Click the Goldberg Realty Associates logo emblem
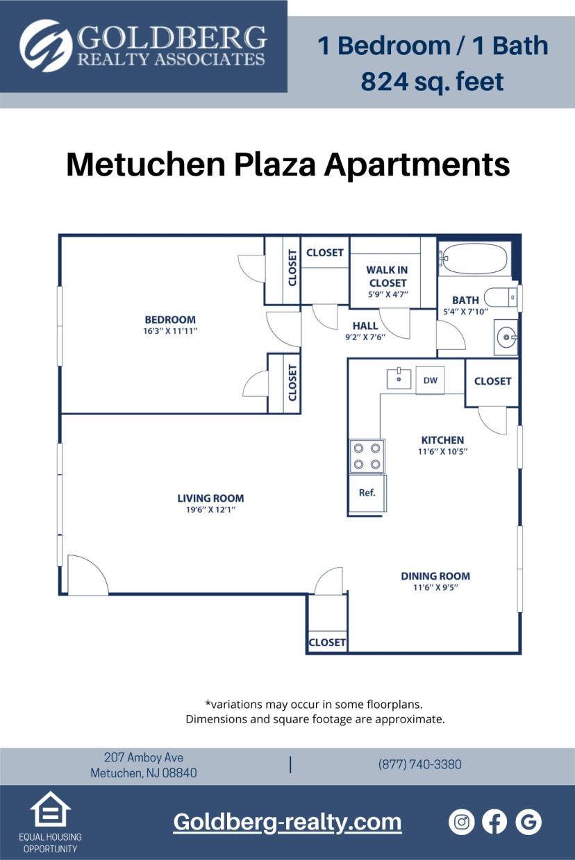[x=46, y=46]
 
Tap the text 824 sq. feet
[x=432, y=82]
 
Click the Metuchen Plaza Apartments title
[x=287, y=165]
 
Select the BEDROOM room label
[x=170, y=319]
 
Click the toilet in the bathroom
[x=501, y=297]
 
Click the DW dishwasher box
[x=430, y=380]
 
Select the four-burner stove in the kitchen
[x=367, y=457]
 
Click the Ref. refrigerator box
[x=367, y=493]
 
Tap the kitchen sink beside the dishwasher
[x=399, y=378]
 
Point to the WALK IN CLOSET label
[x=387, y=276]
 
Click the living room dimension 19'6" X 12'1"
[x=210, y=509]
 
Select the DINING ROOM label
[x=435, y=576]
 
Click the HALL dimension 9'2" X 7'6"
[x=365, y=337]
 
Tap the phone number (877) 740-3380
[x=419, y=764]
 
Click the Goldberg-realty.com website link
[x=287, y=822]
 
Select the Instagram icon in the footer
[x=462, y=822]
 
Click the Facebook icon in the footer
[x=494, y=822]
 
